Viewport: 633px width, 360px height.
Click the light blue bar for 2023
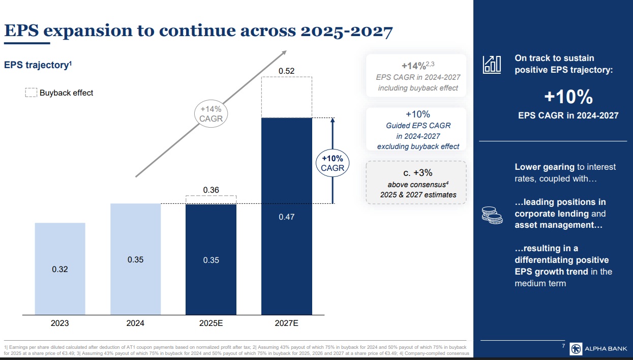click(60, 268)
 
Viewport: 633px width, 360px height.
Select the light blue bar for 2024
click(136, 259)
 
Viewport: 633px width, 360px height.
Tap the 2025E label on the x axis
click(211, 323)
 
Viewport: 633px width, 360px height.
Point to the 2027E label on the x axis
click(287, 323)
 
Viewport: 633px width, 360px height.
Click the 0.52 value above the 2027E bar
click(286, 71)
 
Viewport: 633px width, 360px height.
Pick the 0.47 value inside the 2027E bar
click(286, 217)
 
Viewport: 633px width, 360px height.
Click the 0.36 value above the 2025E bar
click(211, 190)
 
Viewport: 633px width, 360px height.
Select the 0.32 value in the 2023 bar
click(60, 269)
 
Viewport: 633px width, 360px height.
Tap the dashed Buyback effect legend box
click(31, 93)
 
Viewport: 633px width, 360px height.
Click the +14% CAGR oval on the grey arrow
click(211, 113)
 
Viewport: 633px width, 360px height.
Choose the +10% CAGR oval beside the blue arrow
click(333, 163)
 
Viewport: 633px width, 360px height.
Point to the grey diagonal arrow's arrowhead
click(284, 53)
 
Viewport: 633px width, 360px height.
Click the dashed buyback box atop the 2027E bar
click(286, 97)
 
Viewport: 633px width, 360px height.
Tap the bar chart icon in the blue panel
click(492, 64)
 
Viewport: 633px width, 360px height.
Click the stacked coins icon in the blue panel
click(492, 215)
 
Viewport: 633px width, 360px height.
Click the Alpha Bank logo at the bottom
click(598, 349)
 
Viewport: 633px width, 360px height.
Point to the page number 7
click(563, 346)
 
